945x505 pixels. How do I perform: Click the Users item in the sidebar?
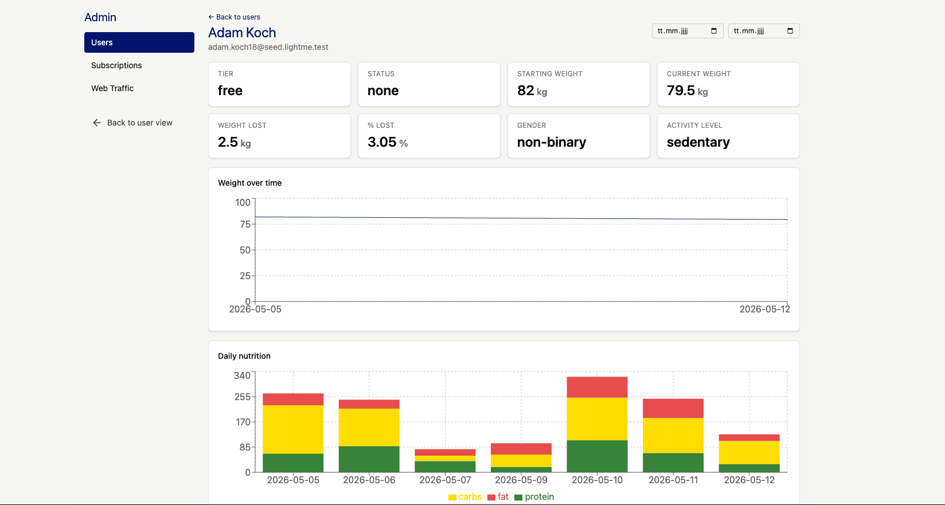(x=139, y=42)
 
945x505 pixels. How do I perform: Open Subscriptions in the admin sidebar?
(x=116, y=65)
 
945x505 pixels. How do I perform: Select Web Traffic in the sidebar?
(x=112, y=88)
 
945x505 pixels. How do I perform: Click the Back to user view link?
(x=132, y=123)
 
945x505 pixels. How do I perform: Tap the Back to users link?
(x=234, y=17)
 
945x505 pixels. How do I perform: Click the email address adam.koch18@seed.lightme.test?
(x=268, y=47)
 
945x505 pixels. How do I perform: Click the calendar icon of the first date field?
(x=714, y=31)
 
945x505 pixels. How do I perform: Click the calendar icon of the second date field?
(x=790, y=31)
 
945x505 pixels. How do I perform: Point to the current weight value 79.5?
(x=681, y=91)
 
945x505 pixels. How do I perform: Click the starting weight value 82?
(x=526, y=91)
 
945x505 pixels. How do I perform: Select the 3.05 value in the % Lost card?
(x=382, y=142)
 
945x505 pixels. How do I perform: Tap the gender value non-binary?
(x=552, y=142)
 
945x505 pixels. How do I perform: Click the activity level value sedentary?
(x=698, y=142)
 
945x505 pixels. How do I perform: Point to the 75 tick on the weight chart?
(x=245, y=225)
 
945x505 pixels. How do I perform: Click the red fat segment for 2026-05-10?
(x=597, y=387)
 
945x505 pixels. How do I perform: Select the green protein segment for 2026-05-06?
(x=369, y=459)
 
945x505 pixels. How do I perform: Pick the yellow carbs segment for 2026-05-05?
(x=293, y=429)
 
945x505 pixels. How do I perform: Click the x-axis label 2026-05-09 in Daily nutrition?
(x=521, y=480)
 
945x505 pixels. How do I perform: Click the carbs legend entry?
(x=465, y=497)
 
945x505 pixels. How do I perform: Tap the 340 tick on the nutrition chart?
(x=242, y=375)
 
